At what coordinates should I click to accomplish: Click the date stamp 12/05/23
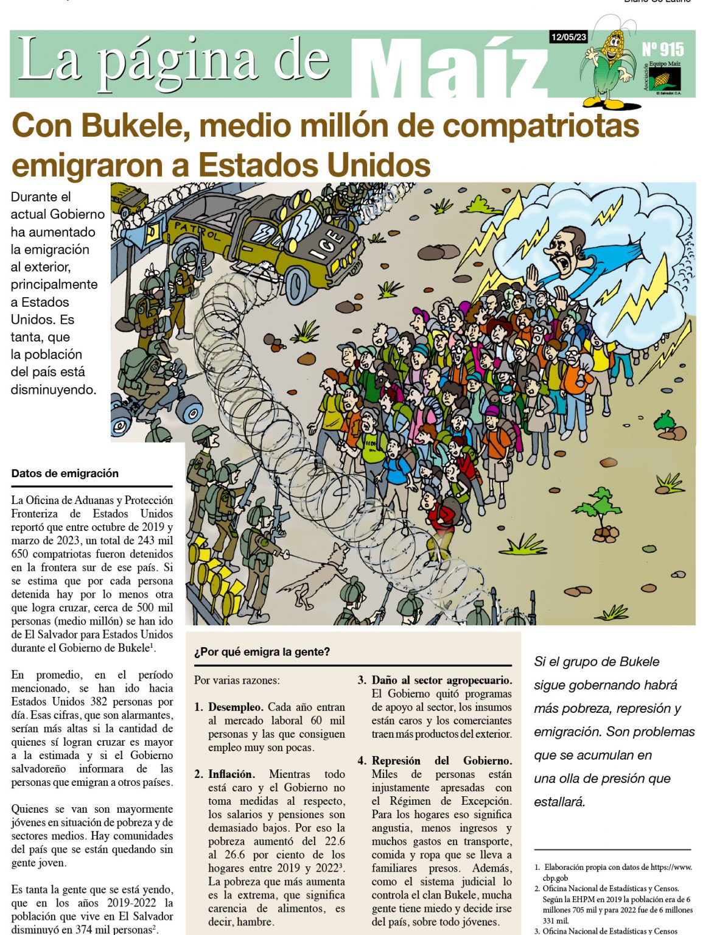568,37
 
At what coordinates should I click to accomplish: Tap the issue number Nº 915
662,50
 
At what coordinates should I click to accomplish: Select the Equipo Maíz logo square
664,79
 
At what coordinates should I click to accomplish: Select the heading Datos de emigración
65,474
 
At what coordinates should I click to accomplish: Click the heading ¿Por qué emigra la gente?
262,652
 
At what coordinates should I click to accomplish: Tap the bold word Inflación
231,774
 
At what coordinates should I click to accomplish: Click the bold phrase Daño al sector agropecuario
442,681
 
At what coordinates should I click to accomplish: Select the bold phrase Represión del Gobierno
442,761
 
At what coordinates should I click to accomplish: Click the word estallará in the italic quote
559,802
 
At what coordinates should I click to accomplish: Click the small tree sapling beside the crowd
600,511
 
